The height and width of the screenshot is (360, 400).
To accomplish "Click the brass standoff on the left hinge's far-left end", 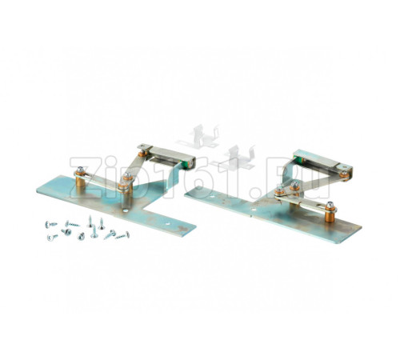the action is pyautogui.click(x=80, y=182).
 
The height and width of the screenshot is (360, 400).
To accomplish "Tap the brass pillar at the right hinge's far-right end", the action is pyautogui.click(x=330, y=214).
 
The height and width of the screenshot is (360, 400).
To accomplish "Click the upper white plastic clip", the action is pyautogui.click(x=198, y=136).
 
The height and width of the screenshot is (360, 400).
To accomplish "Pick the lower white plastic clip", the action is pyautogui.click(x=234, y=158).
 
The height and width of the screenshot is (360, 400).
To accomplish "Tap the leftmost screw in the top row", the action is pyautogui.click(x=51, y=224).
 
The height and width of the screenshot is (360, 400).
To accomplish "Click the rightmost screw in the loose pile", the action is pyautogui.click(x=123, y=235).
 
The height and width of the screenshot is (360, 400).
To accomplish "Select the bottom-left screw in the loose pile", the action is pyautogui.click(x=52, y=237).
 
